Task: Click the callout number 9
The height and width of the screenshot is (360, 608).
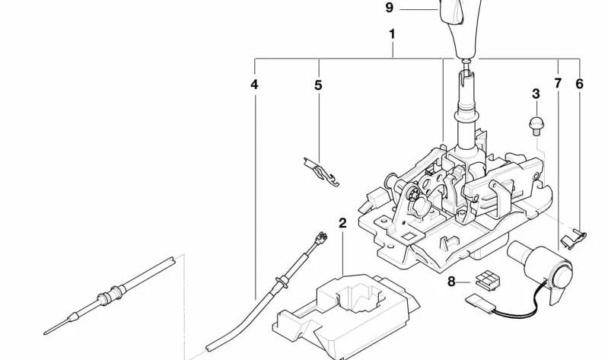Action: point(390,8)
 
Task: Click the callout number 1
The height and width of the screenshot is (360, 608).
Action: point(392,34)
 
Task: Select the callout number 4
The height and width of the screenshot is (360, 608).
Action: point(254,84)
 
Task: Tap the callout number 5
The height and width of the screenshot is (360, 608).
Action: point(318,85)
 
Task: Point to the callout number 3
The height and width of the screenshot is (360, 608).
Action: point(536,94)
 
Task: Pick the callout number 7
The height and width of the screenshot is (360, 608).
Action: point(558,83)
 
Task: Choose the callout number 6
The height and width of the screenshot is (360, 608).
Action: point(579,83)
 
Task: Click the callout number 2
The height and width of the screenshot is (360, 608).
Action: point(342,223)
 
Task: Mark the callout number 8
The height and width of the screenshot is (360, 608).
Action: point(450,282)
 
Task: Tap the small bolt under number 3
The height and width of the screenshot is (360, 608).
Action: point(536,122)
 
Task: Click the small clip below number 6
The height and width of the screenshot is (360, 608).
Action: point(571,240)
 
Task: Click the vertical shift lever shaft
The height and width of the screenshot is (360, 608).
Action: point(466,107)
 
